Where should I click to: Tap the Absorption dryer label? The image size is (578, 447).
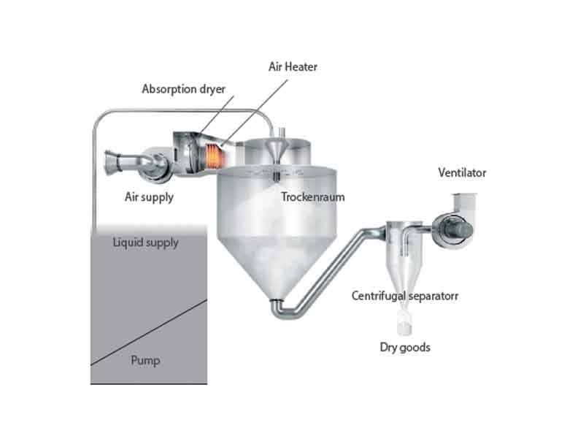coord(183,90)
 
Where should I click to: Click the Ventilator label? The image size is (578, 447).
coord(462,173)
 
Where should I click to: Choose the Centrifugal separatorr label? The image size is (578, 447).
coord(404,296)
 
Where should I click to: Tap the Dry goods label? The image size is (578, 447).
coord(404,347)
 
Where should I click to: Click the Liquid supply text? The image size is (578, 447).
coord(145,242)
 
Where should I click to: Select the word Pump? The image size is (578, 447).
coord(145,359)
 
